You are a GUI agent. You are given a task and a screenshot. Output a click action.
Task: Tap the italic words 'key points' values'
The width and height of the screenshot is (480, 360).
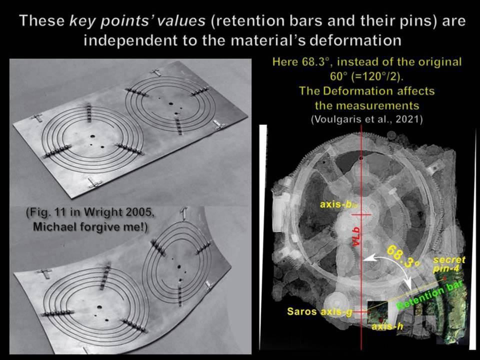point(137,21)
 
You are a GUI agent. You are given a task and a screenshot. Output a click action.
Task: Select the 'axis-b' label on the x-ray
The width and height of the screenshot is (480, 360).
point(339,204)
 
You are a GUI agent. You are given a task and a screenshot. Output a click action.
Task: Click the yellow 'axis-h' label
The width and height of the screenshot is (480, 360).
point(387,326)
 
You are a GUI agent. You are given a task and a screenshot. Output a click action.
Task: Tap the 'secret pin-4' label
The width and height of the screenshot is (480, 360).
point(449,264)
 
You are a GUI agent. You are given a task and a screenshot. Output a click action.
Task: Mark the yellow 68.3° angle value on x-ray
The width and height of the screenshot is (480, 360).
point(401,256)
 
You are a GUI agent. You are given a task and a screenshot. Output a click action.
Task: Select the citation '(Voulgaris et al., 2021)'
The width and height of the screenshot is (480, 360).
point(366,119)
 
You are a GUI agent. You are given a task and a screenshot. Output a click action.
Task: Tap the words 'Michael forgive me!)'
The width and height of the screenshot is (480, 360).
point(90,227)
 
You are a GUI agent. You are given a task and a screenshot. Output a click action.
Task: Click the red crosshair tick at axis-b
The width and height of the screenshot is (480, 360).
point(361,215)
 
